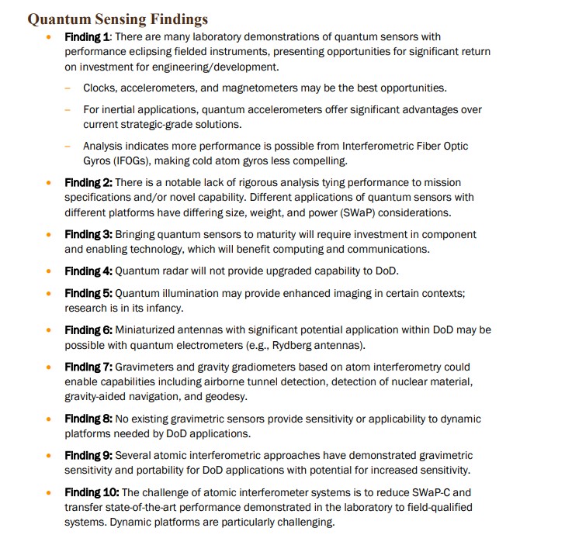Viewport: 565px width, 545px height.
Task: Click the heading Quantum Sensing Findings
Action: [x=117, y=18]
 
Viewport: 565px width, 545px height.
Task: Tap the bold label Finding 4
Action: [x=88, y=271]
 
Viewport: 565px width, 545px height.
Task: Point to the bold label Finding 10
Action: [x=92, y=492]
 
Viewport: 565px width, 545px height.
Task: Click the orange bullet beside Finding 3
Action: [x=50, y=234]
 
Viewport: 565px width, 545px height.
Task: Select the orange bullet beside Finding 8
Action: [x=50, y=419]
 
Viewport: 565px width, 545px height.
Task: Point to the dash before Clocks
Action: [x=68, y=88]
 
